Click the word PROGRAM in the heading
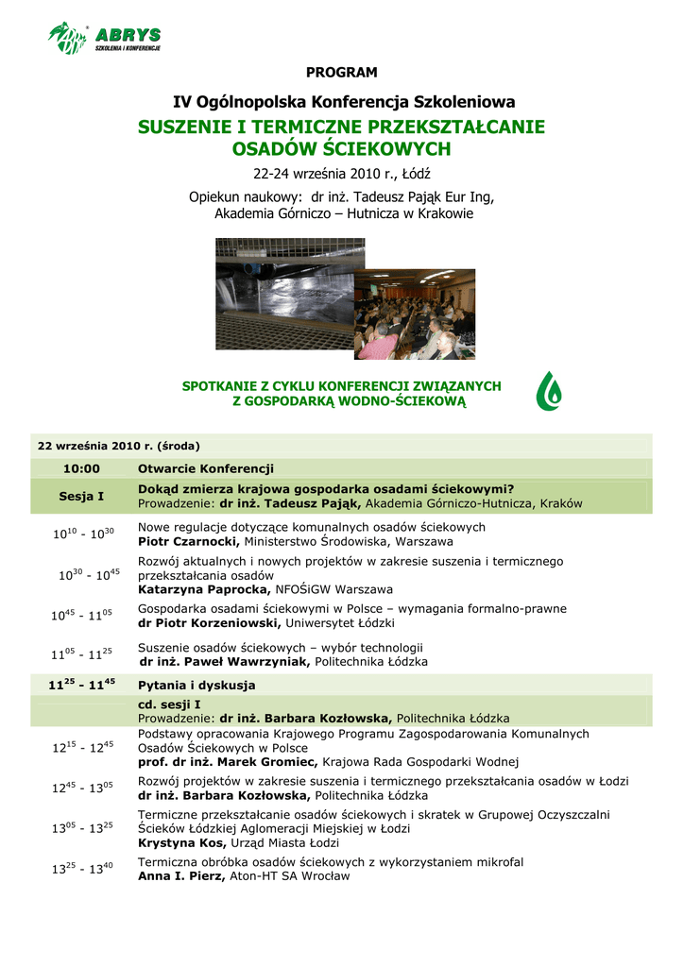click(341, 73)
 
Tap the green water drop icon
click(550, 391)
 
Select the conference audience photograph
click(415, 314)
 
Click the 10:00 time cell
click(81, 468)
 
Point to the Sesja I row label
click(81, 496)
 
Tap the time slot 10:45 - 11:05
click(81, 616)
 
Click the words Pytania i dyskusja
click(197, 686)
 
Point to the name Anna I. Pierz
click(180, 876)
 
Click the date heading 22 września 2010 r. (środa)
click(118, 446)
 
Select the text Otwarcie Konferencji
click(206, 468)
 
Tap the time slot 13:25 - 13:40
click(81, 869)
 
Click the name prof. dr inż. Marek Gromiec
click(227, 762)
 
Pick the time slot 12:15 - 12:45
click(81, 747)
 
